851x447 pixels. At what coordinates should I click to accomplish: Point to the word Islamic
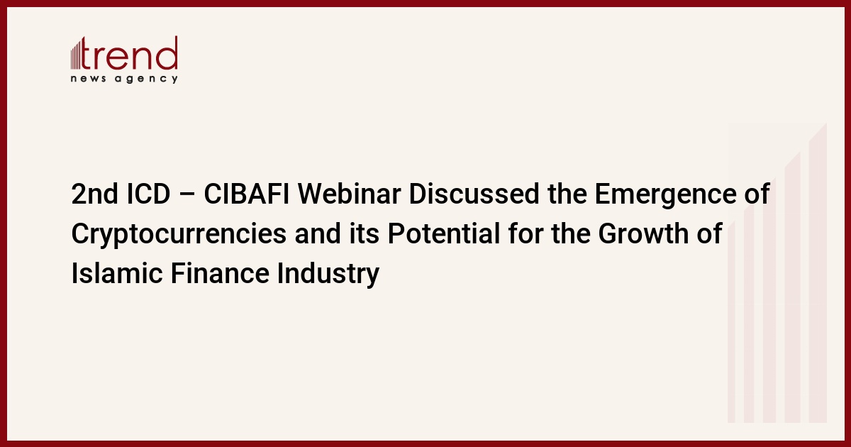pyautogui.click(x=117, y=273)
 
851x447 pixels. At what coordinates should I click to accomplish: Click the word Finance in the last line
pyautogui.click(x=220, y=273)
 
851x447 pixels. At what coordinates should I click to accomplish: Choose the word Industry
pyautogui.click(x=328, y=275)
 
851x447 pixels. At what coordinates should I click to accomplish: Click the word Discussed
pyautogui.click(x=474, y=194)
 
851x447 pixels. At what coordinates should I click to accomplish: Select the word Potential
pyautogui.click(x=444, y=233)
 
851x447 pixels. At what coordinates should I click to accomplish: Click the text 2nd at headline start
pyautogui.click(x=94, y=194)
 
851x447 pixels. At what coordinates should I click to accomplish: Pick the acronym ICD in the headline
pyautogui.click(x=148, y=194)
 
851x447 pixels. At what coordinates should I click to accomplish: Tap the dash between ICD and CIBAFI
pyautogui.click(x=187, y=195)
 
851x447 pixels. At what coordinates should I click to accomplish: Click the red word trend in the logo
pyautogui.click(x=129, y=53)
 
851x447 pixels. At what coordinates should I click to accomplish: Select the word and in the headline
pyautogui.click(x=318, y=233)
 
